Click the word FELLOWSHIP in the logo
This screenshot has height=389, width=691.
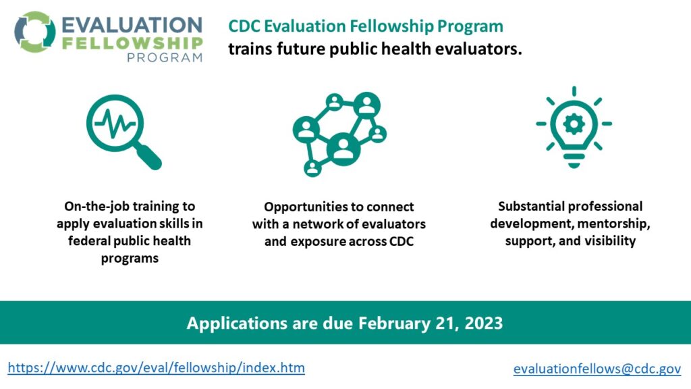[132, 43]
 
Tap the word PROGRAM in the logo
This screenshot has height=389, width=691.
[165, 58]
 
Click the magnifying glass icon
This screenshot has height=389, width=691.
[124, 132]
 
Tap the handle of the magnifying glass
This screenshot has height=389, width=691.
[148, 157]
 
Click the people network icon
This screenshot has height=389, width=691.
[339, 134]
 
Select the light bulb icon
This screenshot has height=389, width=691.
[574, 128]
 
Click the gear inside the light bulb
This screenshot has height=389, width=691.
[574, 124]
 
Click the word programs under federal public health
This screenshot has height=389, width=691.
[130, 258]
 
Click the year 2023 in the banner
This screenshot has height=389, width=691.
[483, 323]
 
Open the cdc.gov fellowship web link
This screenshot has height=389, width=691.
[157, 368]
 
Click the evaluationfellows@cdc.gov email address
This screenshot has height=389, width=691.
[597, 369]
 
